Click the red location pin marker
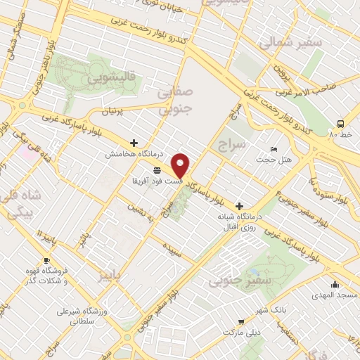[181, 165]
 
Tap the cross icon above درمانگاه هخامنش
[134, 143]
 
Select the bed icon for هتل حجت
[274, 150]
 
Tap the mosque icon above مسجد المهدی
[335, 285]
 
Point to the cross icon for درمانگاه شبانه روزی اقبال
[240, 206]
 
